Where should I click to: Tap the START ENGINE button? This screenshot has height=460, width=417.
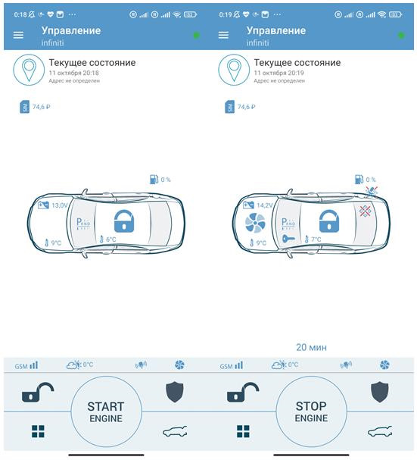106,411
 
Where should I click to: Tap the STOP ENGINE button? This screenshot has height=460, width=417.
311,411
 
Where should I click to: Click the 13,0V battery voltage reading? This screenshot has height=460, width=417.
60,205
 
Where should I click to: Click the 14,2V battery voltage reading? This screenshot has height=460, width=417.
265,205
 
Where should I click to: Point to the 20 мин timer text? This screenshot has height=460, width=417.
311,347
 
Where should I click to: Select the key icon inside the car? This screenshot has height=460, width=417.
288,239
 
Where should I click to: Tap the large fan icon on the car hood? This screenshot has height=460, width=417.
255,223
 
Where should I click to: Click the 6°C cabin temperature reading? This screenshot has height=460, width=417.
107,239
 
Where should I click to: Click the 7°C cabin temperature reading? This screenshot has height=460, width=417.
313,239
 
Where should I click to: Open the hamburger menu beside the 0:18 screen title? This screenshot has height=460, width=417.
18,35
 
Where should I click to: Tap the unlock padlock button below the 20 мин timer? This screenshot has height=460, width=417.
243,392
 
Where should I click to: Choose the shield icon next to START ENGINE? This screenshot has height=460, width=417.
175,392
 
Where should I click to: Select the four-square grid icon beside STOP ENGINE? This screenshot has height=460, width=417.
243,431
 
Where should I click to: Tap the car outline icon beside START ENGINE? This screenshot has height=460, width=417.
175,431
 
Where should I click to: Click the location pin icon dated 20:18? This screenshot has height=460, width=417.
29,70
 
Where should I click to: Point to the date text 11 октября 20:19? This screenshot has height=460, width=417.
279,73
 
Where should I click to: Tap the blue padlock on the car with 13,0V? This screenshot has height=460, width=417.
124,221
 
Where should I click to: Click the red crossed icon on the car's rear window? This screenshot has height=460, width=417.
365,211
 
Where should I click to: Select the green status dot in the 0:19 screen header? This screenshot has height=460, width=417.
401,36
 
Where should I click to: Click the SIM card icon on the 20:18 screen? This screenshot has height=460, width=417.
25,107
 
